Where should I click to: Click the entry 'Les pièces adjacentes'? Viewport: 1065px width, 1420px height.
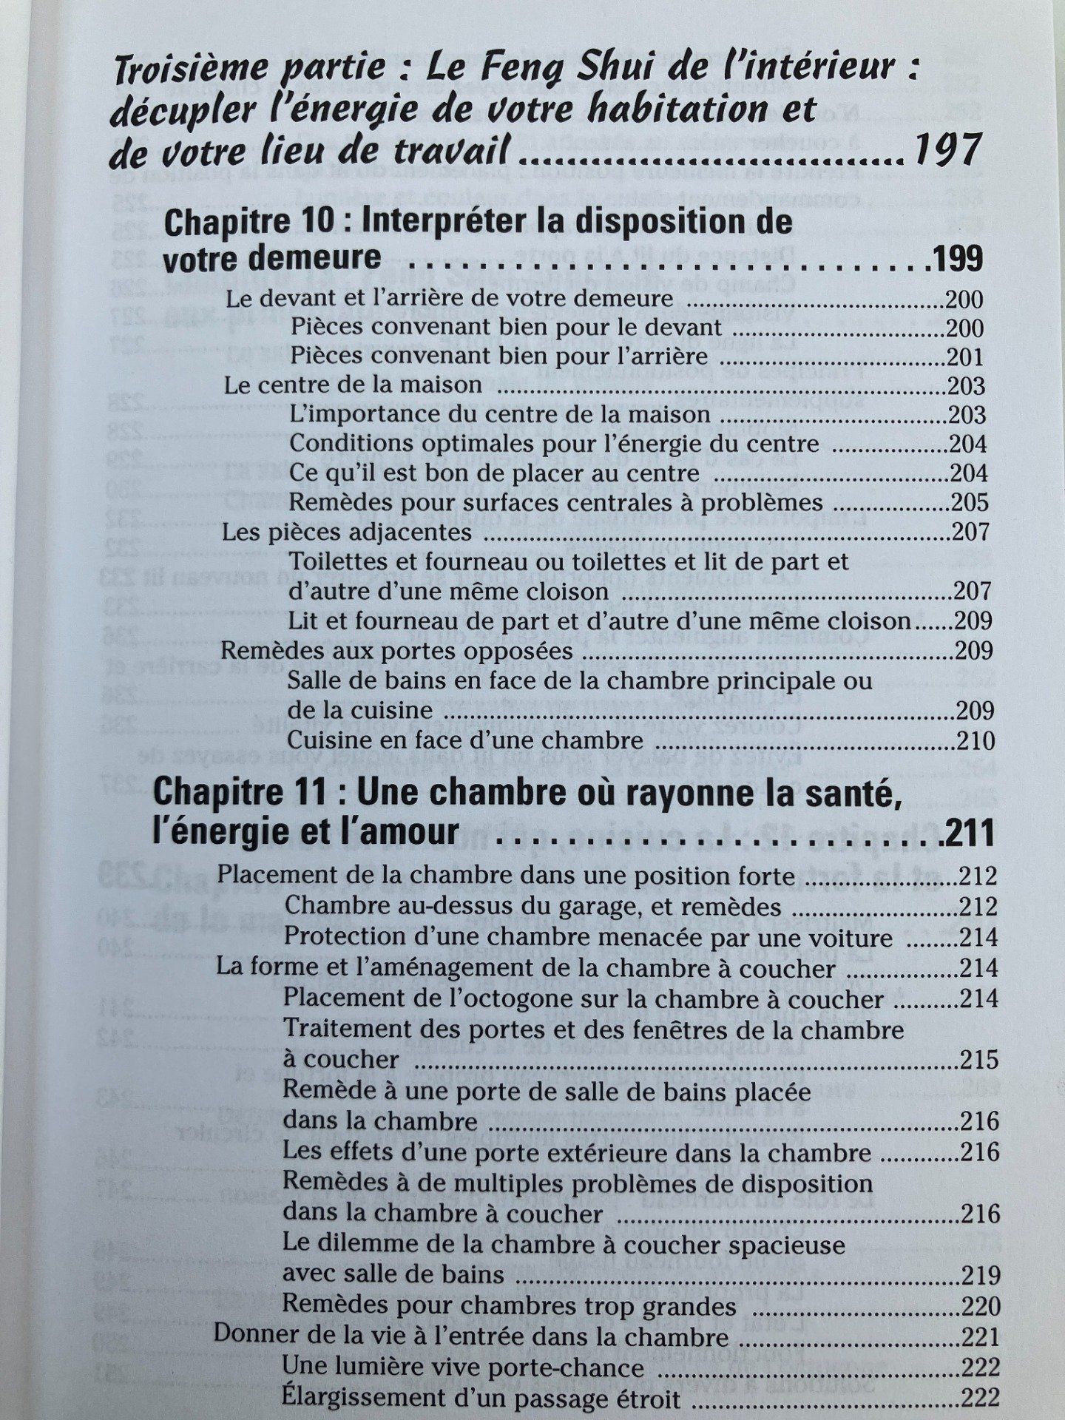click(346, 532)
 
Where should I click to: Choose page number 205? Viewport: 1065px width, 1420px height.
click(970, 503)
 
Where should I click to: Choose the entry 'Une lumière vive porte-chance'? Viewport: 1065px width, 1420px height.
click(463, 1367)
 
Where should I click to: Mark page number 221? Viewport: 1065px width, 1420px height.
click(979, 1337)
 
